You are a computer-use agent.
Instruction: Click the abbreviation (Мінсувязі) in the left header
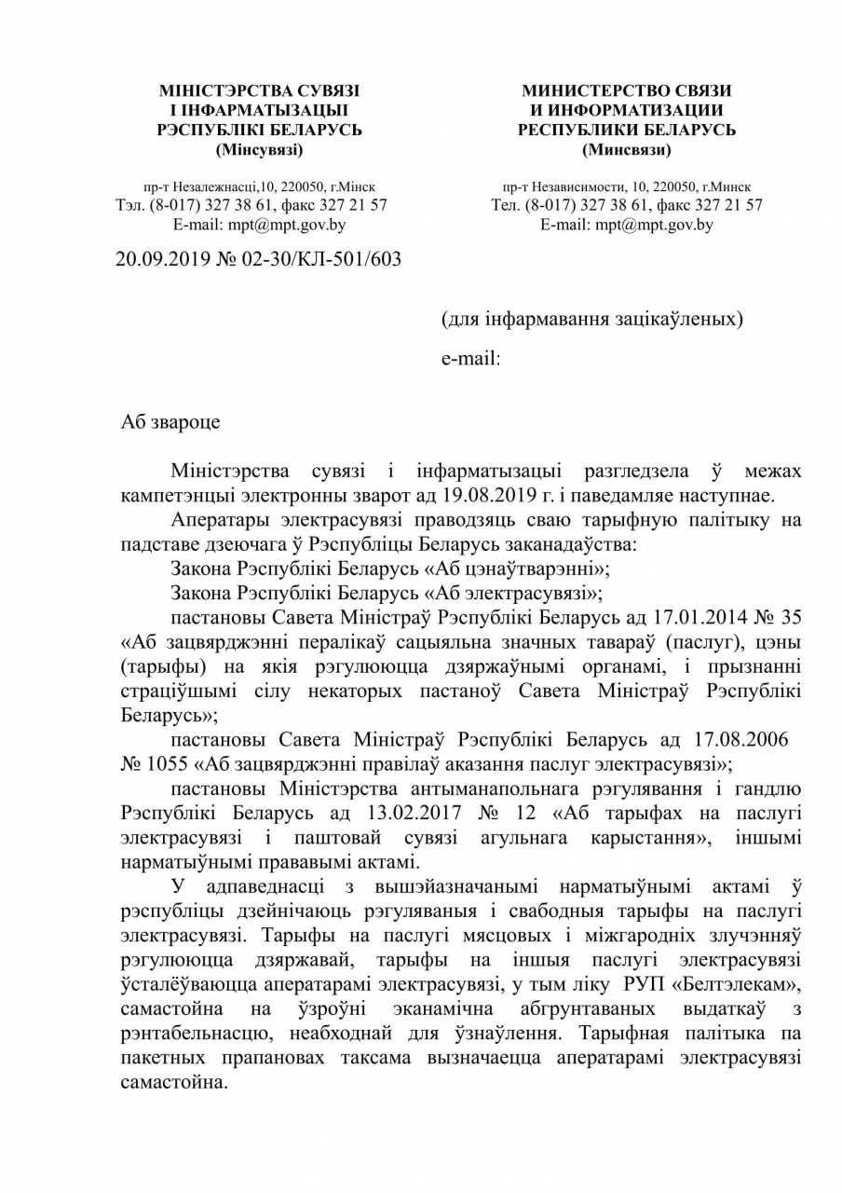coord(259,149)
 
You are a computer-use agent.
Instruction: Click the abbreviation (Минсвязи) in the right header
coord(626,149)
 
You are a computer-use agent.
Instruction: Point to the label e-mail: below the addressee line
coord(470,358)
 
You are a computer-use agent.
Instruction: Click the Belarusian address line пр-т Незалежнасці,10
coord(214,187)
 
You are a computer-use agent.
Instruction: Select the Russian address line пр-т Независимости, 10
coord(584,187)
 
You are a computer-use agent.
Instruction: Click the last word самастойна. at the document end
coord(174,1085)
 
